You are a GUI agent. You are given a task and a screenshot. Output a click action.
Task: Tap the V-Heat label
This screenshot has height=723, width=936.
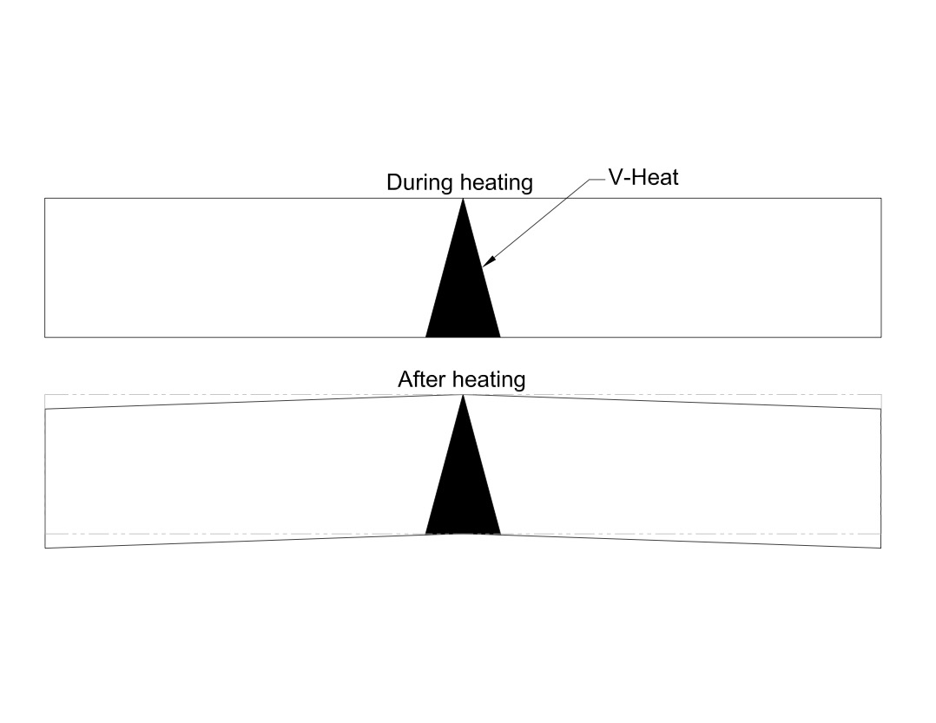click(x=643, y=177)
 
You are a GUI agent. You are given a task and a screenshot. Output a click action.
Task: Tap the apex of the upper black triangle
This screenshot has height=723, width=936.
click(x=463, y=199)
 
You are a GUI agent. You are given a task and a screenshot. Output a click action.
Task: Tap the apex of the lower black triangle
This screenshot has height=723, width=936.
click(x=463, y=396)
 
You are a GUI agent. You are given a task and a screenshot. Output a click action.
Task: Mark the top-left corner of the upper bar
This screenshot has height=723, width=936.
click(x=45, y=198)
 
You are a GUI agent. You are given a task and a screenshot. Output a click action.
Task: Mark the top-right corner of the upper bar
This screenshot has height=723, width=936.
click(x=881, y=198)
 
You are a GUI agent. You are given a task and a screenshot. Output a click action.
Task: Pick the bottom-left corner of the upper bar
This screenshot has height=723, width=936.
click(x=45, y=337)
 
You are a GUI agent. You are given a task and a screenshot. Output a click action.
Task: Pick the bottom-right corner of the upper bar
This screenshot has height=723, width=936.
click(x=881, y=337)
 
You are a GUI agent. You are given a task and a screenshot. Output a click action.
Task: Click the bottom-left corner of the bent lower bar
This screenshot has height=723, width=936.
click(x=45, y=548)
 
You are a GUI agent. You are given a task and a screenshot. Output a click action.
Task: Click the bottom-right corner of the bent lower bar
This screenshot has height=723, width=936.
click(x=881, y=548)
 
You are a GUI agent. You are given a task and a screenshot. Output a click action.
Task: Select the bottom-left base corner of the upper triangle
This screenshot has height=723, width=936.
click(x=425, y=337)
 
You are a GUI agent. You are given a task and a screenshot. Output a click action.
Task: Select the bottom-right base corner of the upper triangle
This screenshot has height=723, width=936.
click(x=500, y=337)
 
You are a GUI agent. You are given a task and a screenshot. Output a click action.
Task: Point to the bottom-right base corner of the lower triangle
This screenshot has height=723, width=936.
click(x=500, y=534)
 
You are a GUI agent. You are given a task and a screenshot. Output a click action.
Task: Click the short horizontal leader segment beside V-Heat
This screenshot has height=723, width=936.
click(x=597, y=179)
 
